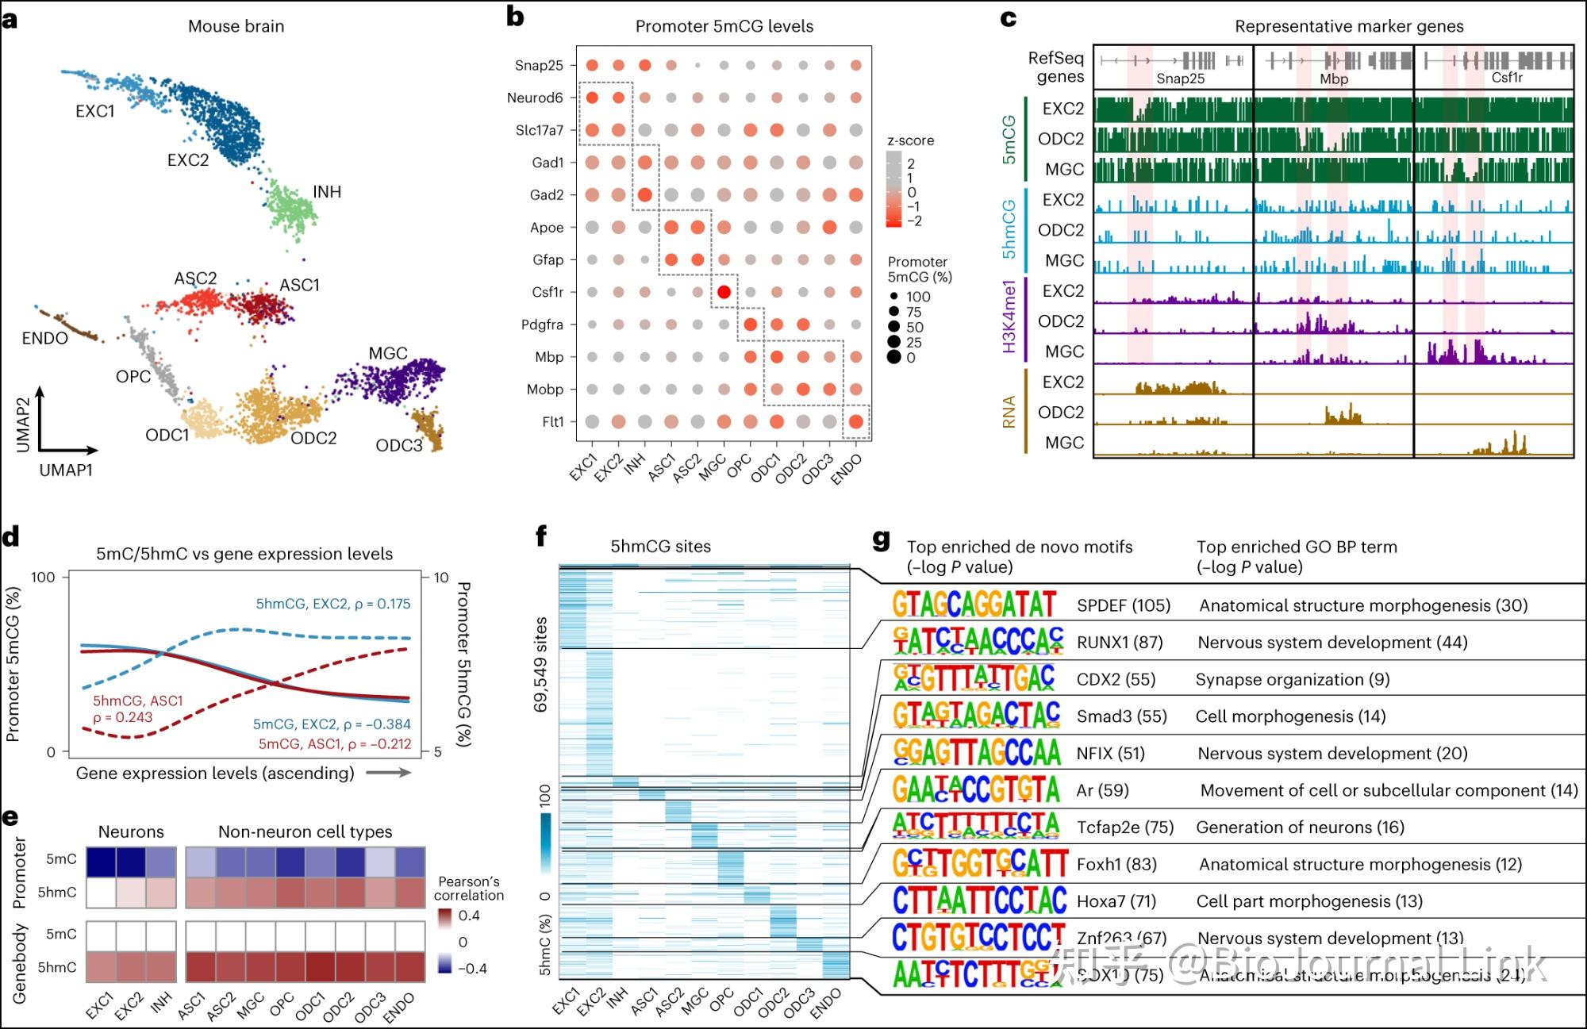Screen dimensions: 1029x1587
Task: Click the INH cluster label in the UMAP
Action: (327, 192)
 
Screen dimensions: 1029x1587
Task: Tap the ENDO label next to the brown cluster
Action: (44, 338)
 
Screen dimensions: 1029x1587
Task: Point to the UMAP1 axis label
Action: (66, 470)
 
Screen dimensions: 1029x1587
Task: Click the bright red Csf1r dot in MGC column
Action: (724, 292)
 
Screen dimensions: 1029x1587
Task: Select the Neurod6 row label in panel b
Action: (535, 98)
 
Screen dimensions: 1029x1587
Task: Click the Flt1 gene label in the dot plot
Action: (552, 422)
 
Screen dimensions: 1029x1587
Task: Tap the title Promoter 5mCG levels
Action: (724, 26)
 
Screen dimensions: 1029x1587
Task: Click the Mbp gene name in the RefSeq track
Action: (1334, 79)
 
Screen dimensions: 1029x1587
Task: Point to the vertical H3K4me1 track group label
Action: (1009, 316)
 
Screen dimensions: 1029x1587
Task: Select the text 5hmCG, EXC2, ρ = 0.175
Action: (332, 604)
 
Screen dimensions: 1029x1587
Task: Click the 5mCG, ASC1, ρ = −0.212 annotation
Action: (334, 743)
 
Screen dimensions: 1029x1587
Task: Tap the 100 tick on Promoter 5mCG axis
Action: (43, 577)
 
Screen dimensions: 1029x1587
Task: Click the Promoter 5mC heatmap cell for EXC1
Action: (101, 860)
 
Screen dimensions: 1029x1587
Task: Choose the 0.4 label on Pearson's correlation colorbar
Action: (469, 916)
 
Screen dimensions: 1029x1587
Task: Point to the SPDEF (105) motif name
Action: (1123, 605)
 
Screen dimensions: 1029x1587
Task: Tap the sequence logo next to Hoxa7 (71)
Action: (979, 900)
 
